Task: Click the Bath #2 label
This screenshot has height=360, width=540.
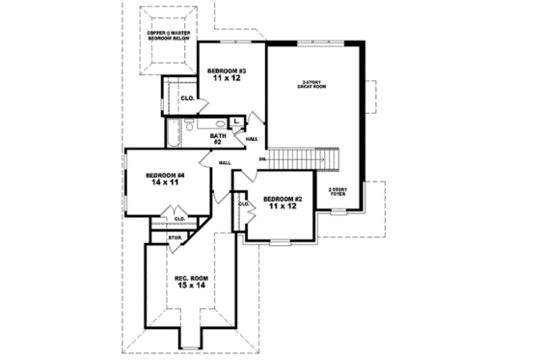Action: click(218, 139)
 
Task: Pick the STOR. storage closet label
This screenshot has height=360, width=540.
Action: click(175, 235)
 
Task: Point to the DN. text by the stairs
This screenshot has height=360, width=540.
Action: click(262, 157)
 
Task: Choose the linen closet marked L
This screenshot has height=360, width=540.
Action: click(236, 122)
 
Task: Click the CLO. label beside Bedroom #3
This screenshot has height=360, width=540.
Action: click(188, 97)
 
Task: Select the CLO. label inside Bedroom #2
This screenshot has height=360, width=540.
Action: click(244, 205)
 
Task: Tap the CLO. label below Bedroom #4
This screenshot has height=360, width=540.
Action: click(179, 219)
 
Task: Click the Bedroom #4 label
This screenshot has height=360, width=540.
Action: click(165, 175)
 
